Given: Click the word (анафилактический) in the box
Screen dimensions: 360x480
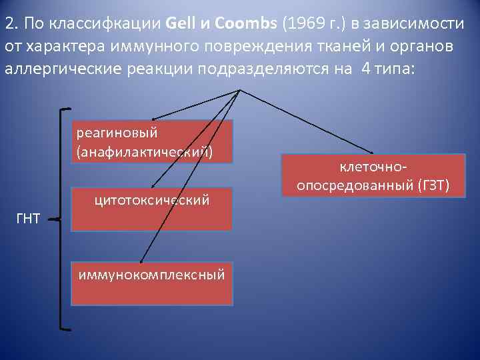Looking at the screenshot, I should (145, 152).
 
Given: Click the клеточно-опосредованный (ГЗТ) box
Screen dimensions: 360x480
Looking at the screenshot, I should (373, 175).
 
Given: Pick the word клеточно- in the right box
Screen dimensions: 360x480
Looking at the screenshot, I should (373, 165).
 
